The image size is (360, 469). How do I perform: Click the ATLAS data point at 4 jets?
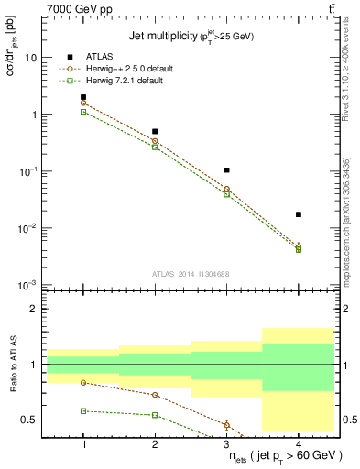(x=299, y=214)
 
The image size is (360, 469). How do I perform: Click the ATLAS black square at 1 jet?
(x=83, y=97)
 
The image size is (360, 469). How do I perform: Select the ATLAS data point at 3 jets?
(x=226, y=170)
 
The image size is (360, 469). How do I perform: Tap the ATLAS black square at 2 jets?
(x=155, y=132)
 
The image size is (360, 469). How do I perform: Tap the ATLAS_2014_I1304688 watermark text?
(x=191, y=273)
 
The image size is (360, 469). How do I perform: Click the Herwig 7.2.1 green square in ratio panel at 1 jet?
(x=83, y=411)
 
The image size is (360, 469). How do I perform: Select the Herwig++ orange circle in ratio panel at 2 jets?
(x=155, y=395)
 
